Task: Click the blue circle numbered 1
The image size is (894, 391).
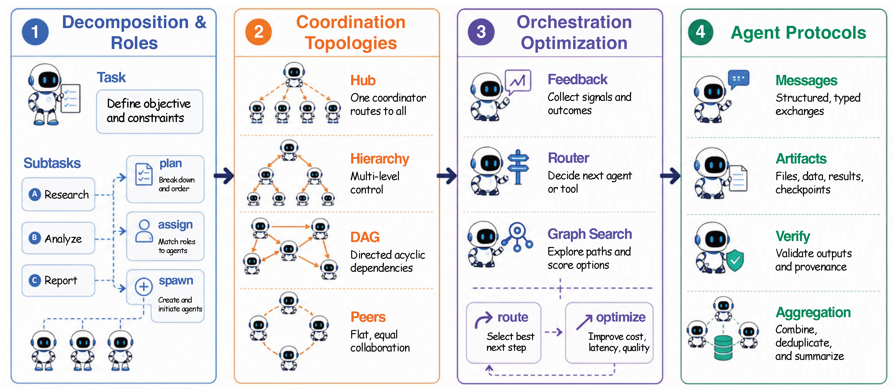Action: (x=35, y=32)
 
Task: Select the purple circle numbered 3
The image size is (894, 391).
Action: (x=481, y=32)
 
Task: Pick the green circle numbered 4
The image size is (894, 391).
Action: (x=701, y=32)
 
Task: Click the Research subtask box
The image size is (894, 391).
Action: (x=58, y=195)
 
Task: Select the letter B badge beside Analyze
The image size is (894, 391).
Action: (x=34, y=238)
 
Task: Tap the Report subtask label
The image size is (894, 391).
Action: (x=61, y=280)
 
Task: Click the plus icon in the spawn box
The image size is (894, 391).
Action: (x=144, y=287)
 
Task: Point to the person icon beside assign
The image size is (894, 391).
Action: (x=144, y=230)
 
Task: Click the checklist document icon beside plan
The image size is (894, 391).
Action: (x=144, y=174)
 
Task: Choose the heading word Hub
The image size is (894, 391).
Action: (x=363, y=81)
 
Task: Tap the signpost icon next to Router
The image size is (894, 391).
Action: (x=518, y=167)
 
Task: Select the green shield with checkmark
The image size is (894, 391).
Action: (x=735, y=260)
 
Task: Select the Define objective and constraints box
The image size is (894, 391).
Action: (x=150, y=112)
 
